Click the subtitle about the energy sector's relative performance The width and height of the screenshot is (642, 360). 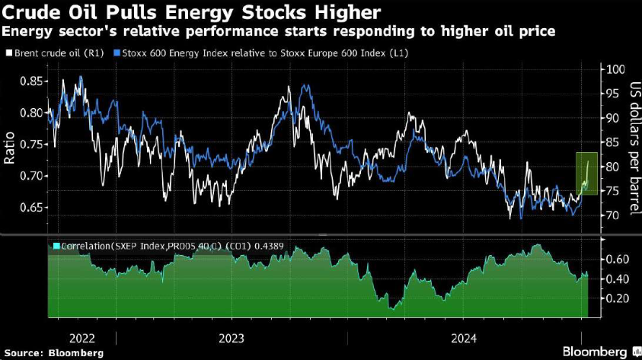point(278,32)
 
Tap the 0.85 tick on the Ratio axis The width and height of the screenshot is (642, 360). point(32,81)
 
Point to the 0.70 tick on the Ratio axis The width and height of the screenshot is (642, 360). point(32,176)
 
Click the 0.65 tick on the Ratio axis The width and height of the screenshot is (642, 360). point(32,207)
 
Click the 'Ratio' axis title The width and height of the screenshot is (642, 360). point(10,145)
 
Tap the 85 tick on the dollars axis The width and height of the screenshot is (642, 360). point(608,142)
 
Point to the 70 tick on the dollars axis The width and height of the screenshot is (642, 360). point(608,215)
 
